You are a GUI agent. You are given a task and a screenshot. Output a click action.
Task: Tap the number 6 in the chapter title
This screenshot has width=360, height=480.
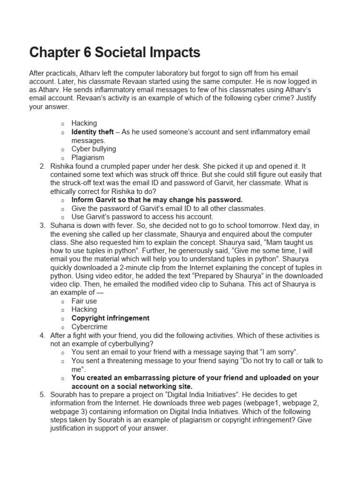tap(87, 52)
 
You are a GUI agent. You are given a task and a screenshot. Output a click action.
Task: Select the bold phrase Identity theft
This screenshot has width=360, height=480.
tap(92, 132)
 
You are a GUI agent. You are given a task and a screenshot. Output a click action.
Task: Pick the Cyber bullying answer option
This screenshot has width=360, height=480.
tap(94, 149)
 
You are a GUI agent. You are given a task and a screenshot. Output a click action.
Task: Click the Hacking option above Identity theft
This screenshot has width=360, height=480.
tap(84, 123)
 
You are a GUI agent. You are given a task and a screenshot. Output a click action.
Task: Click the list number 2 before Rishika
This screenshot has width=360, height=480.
tap(42, 166)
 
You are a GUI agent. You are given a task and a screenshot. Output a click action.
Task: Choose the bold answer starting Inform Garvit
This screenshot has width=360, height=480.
tap(157, 200)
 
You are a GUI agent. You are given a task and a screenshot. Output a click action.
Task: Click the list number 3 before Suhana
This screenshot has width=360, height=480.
tap(42, 225)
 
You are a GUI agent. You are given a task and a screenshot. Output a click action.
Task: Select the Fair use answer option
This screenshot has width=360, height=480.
tap(84, 301)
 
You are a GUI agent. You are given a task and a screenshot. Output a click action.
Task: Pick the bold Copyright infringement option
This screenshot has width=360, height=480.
tap(111, 318)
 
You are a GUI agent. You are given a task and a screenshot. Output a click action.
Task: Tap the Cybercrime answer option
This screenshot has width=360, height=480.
tap(90, 327)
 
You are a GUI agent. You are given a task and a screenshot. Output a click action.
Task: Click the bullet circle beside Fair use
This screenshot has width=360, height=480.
tap(62, 301)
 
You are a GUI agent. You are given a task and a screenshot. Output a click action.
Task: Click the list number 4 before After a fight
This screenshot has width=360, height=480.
tap(42, 335)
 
